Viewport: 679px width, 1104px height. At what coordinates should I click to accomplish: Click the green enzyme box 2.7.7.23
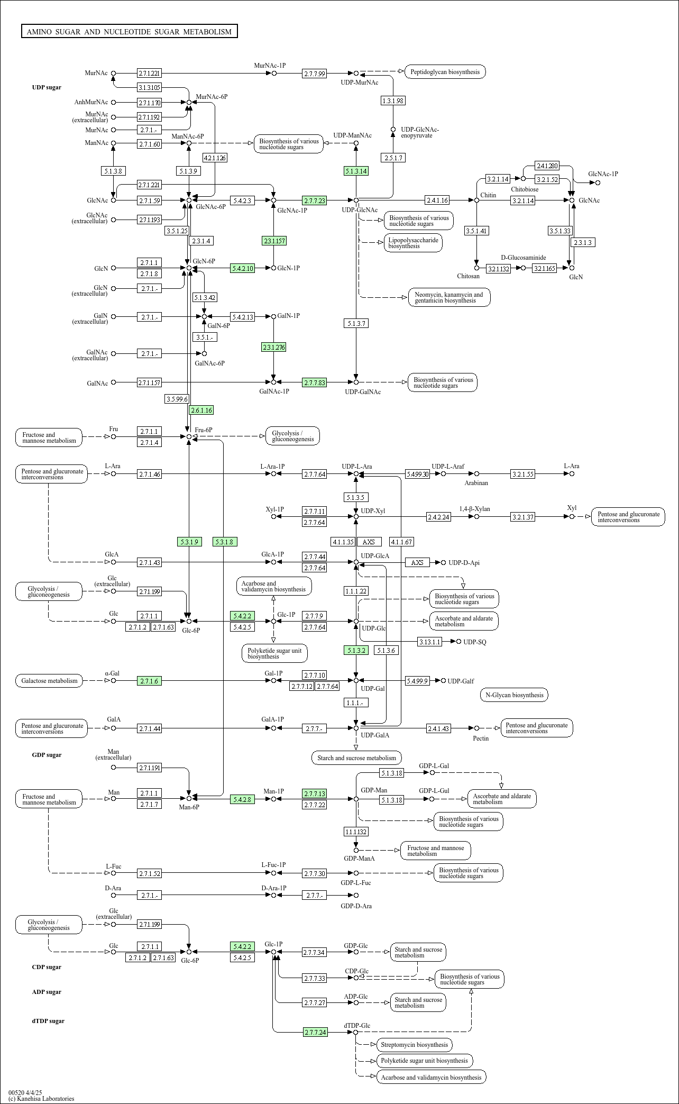[314, 200]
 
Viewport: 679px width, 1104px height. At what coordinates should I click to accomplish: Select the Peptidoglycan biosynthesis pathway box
[445, 71]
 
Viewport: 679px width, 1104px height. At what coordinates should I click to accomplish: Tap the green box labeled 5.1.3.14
[356, 171]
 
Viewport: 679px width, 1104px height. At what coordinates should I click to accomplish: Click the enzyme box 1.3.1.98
[393, 101]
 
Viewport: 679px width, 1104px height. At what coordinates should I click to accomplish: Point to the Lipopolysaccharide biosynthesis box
[413, 243]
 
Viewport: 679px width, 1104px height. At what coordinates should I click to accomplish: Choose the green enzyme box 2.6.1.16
[201, 410]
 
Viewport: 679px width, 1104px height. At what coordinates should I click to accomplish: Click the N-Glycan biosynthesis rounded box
[513, 695]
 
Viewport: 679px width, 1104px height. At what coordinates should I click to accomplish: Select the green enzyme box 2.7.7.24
[315, 1032]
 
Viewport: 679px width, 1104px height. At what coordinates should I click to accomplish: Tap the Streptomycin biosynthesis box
[414, 1045]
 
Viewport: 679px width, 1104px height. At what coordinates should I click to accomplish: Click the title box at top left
[129, 32]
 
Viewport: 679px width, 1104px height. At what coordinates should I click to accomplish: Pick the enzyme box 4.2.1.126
[215, 158]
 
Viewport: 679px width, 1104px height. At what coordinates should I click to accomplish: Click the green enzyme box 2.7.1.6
[149, 681]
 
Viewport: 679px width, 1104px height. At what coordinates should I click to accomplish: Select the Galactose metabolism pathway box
[49, 681]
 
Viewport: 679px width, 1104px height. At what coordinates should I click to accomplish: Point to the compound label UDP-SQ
[474, 642]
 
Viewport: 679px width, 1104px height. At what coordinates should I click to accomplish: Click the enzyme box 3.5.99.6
[177, 399]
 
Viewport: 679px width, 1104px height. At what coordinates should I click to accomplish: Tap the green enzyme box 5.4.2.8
[243, 799]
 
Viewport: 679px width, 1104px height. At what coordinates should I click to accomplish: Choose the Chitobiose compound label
[525, 189]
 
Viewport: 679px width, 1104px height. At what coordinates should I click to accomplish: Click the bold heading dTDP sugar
[48, 1021]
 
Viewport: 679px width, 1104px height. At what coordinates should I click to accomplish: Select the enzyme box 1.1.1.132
[356, 832]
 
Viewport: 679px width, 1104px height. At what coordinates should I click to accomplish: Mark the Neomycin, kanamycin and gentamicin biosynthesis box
[449, 297]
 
